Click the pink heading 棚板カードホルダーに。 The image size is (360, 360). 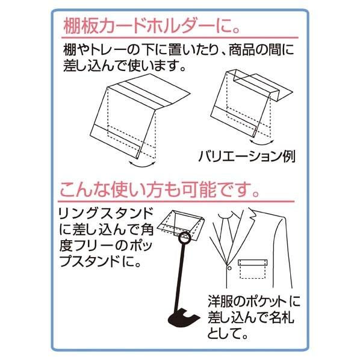pos(152,26)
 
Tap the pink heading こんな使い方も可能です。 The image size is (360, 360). pos(160,190)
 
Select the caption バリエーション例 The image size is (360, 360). pos(247,157)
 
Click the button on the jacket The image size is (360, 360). pos(229,268)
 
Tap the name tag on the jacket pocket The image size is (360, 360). pos(253,262)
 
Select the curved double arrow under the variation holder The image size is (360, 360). pos(261,142)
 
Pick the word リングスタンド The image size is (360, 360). pos(106,213)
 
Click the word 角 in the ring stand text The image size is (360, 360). pos(147,229)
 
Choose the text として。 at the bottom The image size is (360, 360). pos(228,334)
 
